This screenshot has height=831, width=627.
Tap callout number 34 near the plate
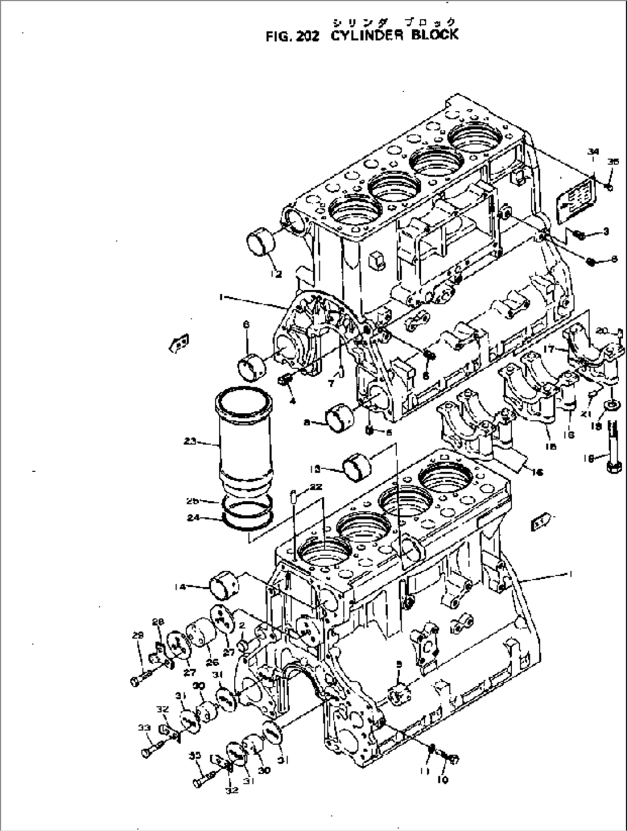click(592, 151)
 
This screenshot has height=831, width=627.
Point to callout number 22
click(315, 487)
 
